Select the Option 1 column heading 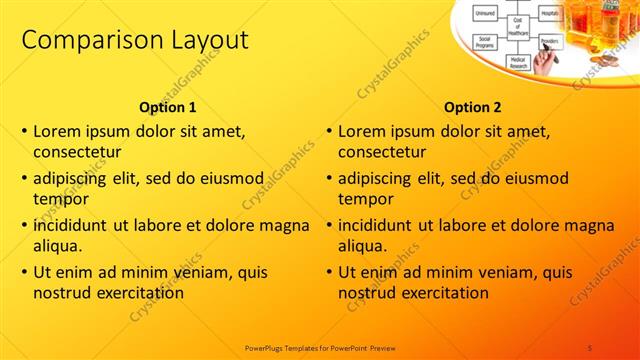[x=166, y=107]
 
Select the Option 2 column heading [x=472, y=107]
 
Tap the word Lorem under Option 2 [x=361, y=131]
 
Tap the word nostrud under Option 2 [x=366, y=293]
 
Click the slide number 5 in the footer [x=590, y=347]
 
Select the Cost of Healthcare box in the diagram [x=519, y=27]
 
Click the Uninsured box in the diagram [x=486, y=13]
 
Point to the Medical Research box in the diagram [x=517, y=61]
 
